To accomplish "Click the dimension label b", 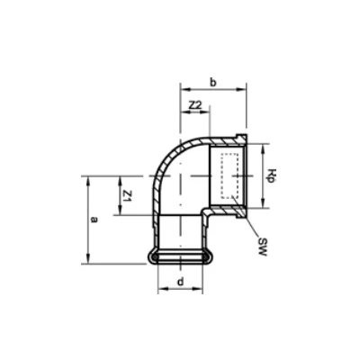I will coord(213,82).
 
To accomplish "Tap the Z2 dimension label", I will coord(195,106).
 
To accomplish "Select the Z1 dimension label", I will coord(128,195).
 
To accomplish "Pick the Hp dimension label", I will coord(270,176).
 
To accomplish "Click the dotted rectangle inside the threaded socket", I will coord(228,176).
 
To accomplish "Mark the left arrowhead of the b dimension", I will coord(184,89).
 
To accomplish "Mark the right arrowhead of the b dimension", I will coord(245,89).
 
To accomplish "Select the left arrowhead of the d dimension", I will coord(161,290).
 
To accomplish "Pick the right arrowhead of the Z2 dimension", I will coord(209,114).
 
